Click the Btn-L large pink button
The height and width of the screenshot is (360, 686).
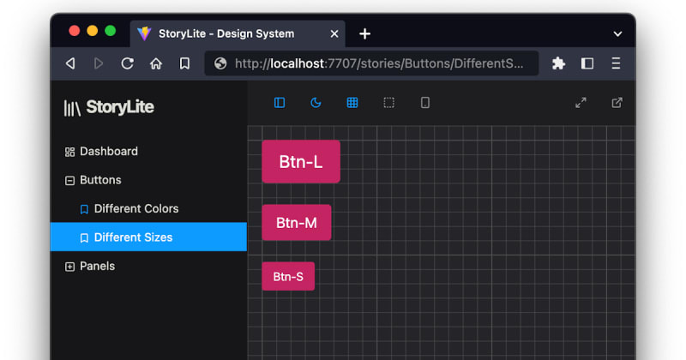point(301,161)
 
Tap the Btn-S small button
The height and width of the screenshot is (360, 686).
point(288,276)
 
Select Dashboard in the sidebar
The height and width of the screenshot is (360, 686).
point(109,152)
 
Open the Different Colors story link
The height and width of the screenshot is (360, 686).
point(136,208)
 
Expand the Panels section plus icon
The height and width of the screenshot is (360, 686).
point(69,267)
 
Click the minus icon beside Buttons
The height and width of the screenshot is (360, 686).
point(69,180)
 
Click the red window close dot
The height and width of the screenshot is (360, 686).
point(75,31)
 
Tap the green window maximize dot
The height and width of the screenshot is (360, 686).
point(111,31)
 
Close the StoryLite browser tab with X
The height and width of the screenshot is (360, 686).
point(334,33)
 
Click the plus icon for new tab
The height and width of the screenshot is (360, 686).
point(365,33)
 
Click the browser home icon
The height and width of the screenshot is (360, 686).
point(156,64)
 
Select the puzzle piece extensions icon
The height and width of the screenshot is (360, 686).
point(558,63)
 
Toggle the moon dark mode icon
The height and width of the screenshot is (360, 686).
point(316,103)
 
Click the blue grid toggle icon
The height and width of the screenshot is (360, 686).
point(352,103)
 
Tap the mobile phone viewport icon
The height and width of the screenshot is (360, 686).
point(424,103)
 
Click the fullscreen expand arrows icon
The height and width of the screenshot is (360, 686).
point(581,103)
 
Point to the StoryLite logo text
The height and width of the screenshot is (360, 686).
point(120,107)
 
